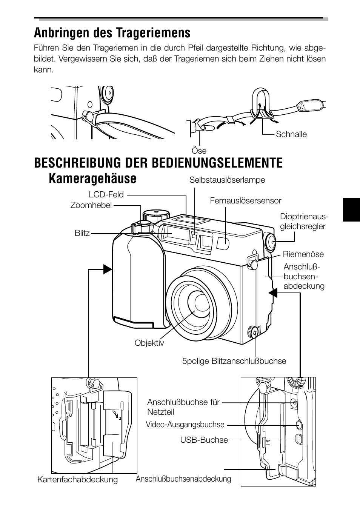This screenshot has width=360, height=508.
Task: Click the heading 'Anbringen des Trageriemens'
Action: pos(112,33)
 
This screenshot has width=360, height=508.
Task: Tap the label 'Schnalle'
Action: pos(291,134)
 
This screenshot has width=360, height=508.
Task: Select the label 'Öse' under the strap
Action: pos(199,151)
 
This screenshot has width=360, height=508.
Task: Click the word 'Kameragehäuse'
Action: pos(92,179)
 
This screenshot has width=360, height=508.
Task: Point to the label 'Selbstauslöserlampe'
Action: pos(227,180)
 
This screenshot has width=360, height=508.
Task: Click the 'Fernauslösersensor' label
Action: pos(246,201)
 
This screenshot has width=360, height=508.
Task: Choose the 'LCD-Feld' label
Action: pos(106,195)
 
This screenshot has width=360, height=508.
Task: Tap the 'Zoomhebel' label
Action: pos(91,205)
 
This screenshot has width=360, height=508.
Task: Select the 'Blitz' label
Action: pos(82,233)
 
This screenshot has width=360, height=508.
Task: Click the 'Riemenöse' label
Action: pos(303,254)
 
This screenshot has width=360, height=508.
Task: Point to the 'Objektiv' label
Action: pos(149,343)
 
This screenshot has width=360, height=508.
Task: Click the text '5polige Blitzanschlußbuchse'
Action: pos(234,361)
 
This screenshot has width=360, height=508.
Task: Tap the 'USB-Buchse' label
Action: pos(204,440)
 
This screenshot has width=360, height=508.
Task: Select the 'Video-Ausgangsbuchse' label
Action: pos(185,425)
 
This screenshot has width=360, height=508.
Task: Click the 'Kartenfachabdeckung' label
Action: pos(77,480)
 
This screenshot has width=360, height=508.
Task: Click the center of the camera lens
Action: pos(198,302)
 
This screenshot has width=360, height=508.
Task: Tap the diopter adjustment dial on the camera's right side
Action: pos(270,242)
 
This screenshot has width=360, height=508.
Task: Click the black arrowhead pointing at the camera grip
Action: pos(108,269)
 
